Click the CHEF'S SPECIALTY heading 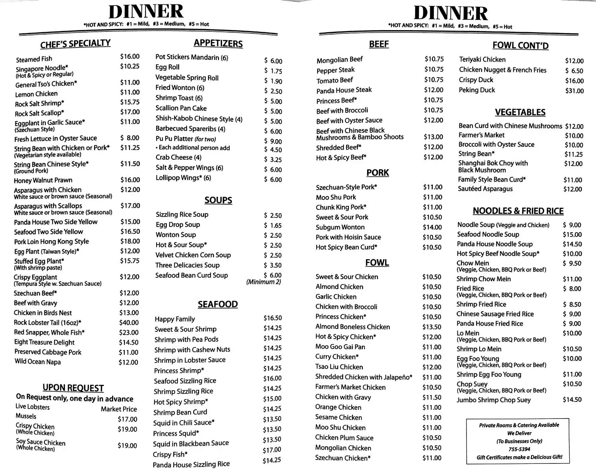point(75,44)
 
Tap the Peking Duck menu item point(477,90)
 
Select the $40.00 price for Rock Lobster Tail point(129,323)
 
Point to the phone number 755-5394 point(519,449)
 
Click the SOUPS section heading point(218,200)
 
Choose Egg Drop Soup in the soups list point(178,225)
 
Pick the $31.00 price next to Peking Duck point(574,91)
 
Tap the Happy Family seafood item point(175,319)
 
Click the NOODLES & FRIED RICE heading point(518,211)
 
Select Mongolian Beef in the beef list point(340,60)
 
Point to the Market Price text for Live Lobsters point(119,409)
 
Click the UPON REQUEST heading point(73,388)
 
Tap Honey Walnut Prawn point(43,180)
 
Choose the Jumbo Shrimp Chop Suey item point(493,400)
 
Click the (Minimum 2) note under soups point(263,282)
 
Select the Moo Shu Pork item point(336,197)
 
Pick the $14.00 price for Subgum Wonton point(432,227)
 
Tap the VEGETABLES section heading point(520,112)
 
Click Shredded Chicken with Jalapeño point(364,377)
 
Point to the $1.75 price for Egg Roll point(273,71)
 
